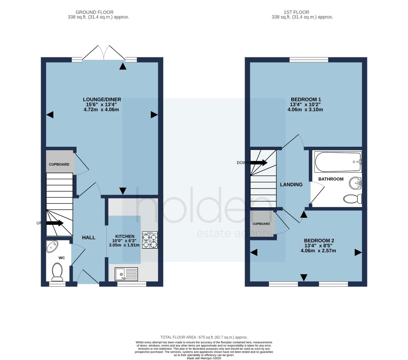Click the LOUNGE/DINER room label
coord(102,99)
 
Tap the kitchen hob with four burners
coord(150,240)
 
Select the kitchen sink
coord(126,274)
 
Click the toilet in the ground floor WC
coord(57,272)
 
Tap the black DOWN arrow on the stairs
coord(259,163)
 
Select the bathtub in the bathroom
coord(338,161)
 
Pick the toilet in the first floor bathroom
coord(353,199)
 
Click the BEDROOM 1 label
coord(306,99)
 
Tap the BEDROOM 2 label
coord(319,241)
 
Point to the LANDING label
coord(291,185)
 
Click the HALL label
coord(89,237)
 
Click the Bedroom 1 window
coord(309,60)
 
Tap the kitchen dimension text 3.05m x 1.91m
coord(124,245)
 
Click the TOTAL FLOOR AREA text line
coord(204,337)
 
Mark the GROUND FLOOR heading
coord(94,12)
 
